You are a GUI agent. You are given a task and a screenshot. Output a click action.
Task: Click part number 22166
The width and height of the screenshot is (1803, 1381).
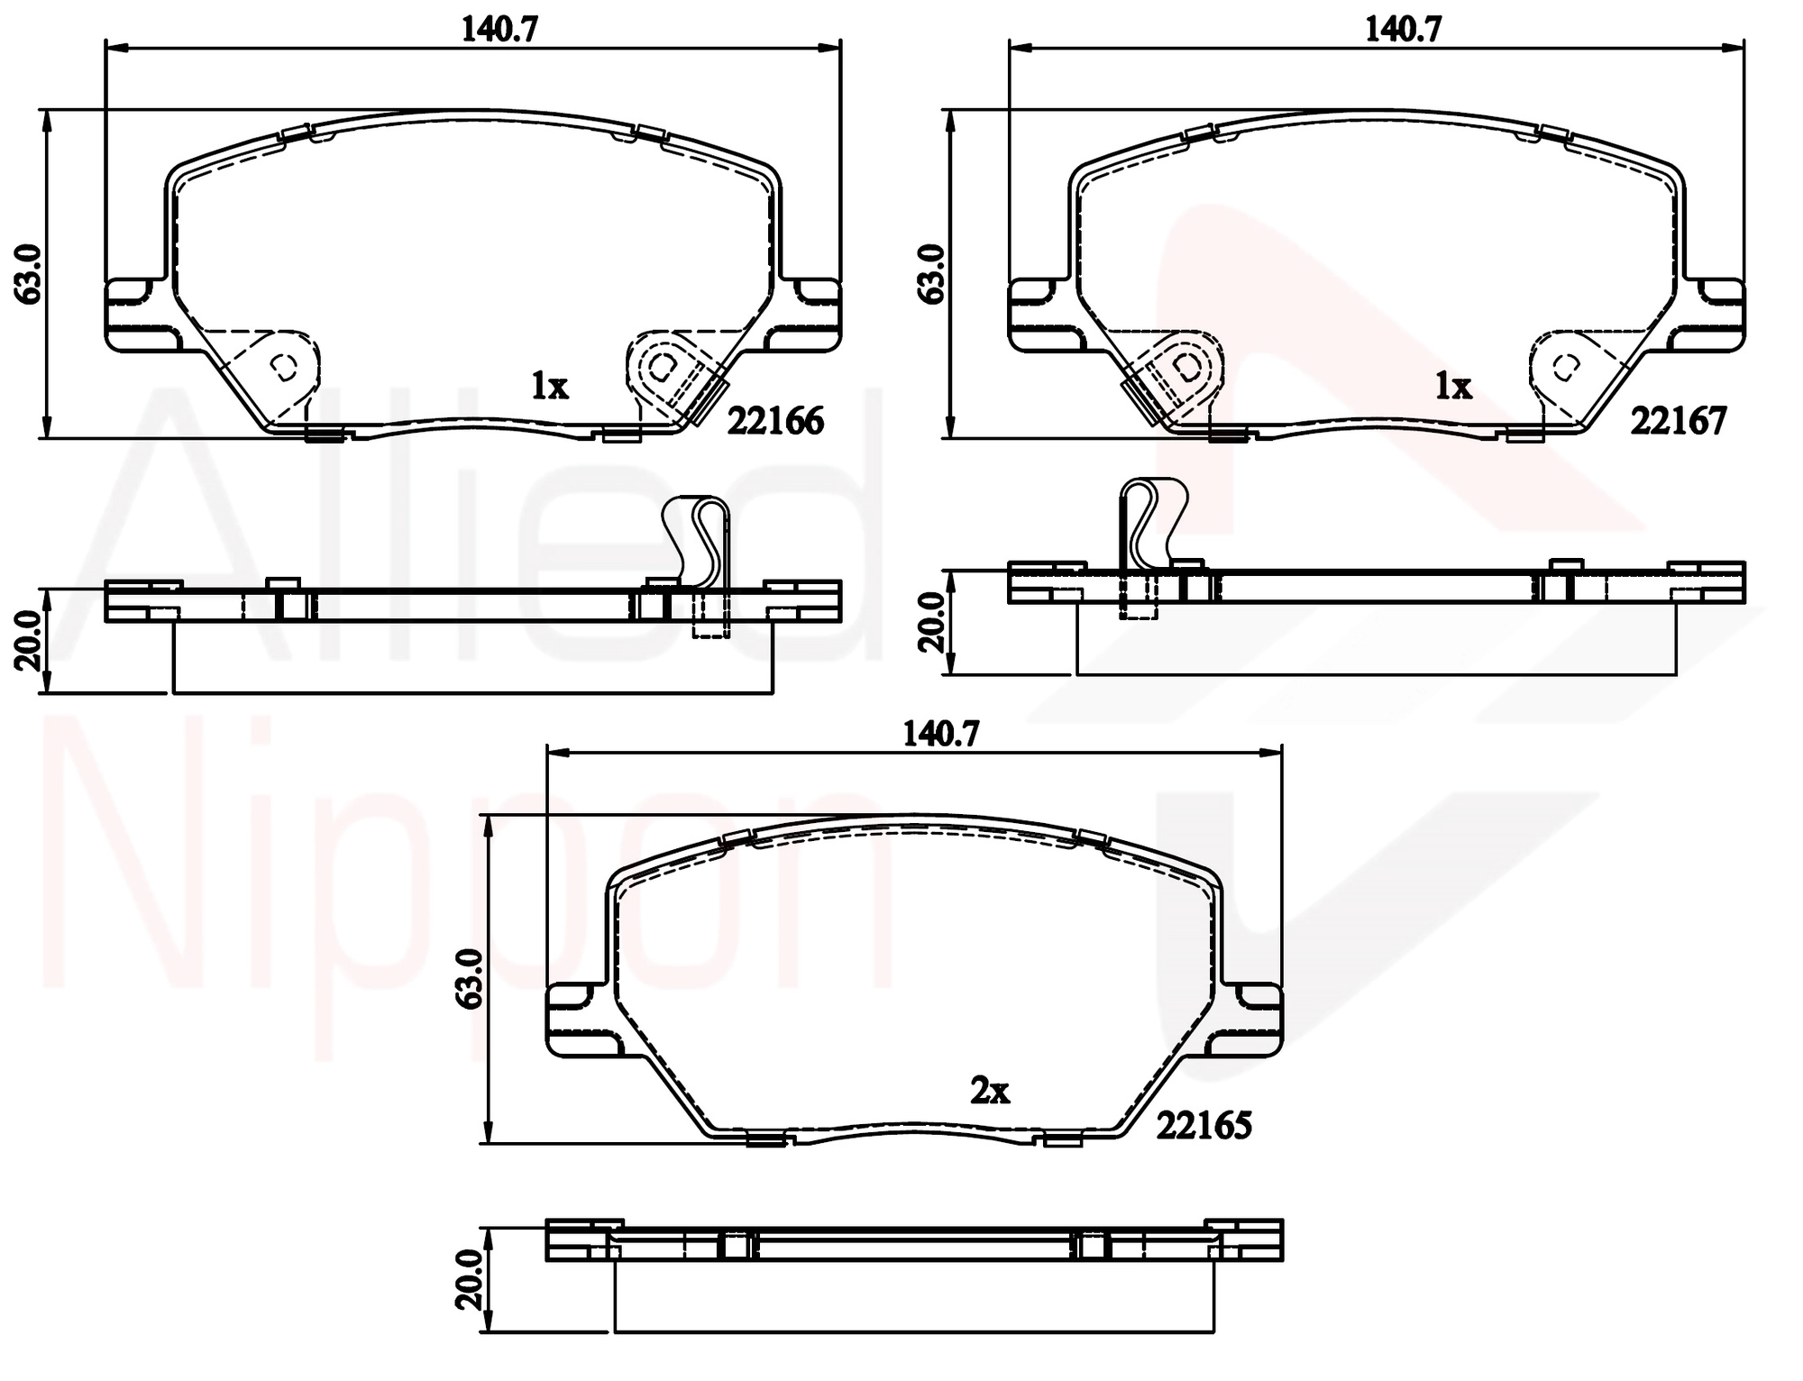coord(775,421)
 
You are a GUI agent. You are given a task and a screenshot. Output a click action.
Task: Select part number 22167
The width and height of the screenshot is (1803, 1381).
coord(1679,421)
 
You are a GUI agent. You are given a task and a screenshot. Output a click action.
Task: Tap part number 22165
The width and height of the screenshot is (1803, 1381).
coord(1204,1125)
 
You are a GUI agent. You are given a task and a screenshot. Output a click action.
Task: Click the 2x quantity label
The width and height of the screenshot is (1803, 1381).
coord(990,1092)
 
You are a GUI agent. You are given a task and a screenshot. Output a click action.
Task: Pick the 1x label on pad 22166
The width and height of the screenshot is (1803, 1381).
coord(549,387)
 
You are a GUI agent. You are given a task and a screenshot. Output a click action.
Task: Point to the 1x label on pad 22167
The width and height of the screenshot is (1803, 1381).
coord(1453,387)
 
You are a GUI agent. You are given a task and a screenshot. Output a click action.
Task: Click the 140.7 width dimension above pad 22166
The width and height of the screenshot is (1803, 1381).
coord(499,30)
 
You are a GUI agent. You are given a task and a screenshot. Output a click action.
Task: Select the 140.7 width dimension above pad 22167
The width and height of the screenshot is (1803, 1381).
coord(1404,30)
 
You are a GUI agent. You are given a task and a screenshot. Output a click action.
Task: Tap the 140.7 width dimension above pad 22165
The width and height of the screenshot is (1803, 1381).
coord(941,735)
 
